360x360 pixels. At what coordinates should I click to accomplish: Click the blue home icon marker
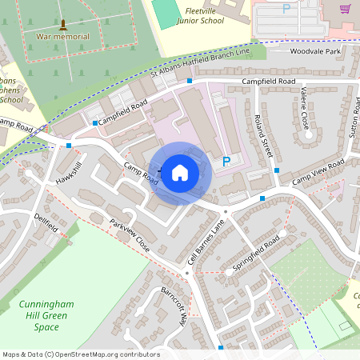pyautogui.click(x=180, y=172)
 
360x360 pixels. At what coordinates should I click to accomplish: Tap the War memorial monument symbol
pyautogui.click(x=63, y=24)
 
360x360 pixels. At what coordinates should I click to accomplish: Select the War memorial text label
pyautogui.click(x=63, y=37)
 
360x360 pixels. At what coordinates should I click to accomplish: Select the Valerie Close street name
pyautogui.click(x=303, y=109)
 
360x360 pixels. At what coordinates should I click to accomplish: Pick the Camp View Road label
pyautogui.click(x=318, y=174)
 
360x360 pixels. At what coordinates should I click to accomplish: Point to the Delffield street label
pyautogui.click(x=46, y=222)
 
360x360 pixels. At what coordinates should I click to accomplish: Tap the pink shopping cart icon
pyautogui.click(x=345, y=9)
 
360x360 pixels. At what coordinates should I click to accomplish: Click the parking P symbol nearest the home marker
pyautogui.click(x=226, y=161)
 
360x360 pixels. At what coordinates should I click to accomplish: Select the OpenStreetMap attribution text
pyautogui.click(x=81, y=354)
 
